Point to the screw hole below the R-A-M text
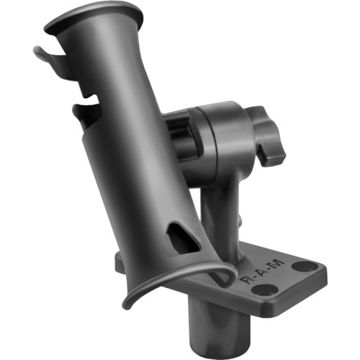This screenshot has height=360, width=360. point(265,289)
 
